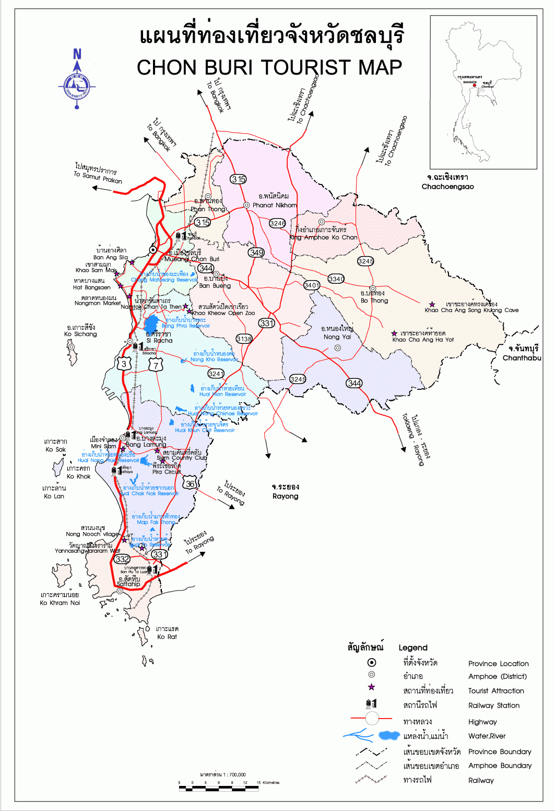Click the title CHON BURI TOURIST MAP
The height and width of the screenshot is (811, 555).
(x=269, y=67)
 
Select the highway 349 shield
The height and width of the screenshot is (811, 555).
(x=256, y=252)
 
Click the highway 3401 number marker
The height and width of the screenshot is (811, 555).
(x=312, y=285)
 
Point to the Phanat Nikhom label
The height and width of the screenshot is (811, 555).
(x=274, y=205)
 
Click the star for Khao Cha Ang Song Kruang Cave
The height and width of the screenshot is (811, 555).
(x=432, y=304)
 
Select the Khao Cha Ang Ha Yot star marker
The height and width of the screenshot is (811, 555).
(x=395, y=333)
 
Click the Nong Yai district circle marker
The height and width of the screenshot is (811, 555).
(x=337, y=348)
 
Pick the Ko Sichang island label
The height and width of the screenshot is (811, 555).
(x=80, y=334)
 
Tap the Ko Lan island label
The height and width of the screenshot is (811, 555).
(x=54, y=496)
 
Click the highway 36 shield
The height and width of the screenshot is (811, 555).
(x=191, y=484)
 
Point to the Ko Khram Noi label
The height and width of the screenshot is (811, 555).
(x=60, y=603)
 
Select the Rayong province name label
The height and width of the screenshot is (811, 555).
(x=285, y=496)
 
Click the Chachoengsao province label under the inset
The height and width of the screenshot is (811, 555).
(x=447, y=187)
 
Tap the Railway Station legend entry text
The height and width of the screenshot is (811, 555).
(x=494, y=705)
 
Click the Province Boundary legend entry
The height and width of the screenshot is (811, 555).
(x=500, y=752)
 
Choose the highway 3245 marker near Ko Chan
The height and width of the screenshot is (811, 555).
(x=366, y=261)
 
